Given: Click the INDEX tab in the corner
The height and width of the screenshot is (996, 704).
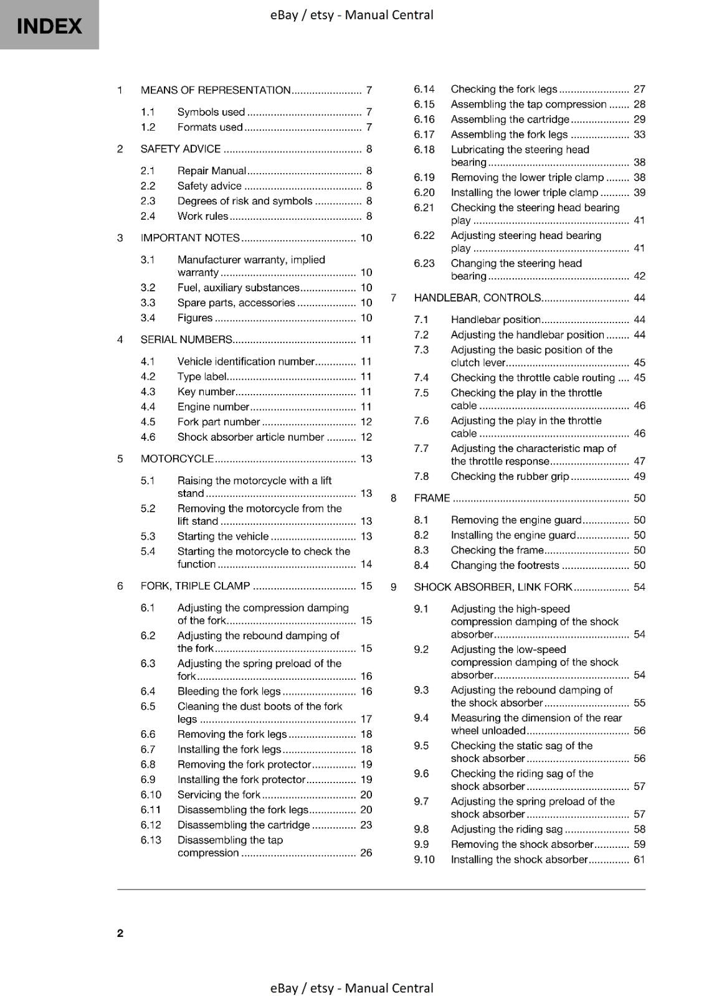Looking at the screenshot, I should (49, 26).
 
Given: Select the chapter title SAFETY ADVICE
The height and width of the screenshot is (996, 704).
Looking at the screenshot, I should (181, 149).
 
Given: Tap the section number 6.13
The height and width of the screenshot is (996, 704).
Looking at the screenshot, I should (151, 840).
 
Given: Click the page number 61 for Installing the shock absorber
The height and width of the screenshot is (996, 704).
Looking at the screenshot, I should (639, 860).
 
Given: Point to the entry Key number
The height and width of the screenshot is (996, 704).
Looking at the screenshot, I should (206, 392).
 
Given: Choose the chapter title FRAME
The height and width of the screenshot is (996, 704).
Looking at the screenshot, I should (432, 498).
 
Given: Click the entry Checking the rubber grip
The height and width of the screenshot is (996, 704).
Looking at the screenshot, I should (510, 476).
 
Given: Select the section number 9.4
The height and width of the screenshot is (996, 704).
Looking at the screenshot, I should (421, 718).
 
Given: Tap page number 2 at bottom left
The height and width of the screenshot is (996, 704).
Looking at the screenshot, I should (120, 933).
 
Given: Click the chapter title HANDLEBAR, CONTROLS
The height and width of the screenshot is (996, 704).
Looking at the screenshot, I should (477, 298).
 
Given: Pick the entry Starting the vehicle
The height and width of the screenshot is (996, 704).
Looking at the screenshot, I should (223, 536).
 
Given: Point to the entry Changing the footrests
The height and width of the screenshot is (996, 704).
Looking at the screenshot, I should (505, 565).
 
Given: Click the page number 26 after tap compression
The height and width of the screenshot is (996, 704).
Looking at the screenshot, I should (366, 853).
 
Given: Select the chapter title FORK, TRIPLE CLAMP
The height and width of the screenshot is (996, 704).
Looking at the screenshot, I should (195, 586).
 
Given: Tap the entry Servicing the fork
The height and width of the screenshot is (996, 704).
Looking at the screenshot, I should (219, 794).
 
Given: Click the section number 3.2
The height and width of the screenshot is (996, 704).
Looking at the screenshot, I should (148, 288).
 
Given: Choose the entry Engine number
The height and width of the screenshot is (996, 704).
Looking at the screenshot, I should (213, 406).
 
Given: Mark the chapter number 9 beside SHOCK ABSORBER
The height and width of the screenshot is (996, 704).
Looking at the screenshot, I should (394, 587).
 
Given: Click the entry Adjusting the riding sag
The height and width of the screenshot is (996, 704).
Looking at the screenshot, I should (507, 829).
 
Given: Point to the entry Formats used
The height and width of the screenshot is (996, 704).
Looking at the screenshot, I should (210, 127).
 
